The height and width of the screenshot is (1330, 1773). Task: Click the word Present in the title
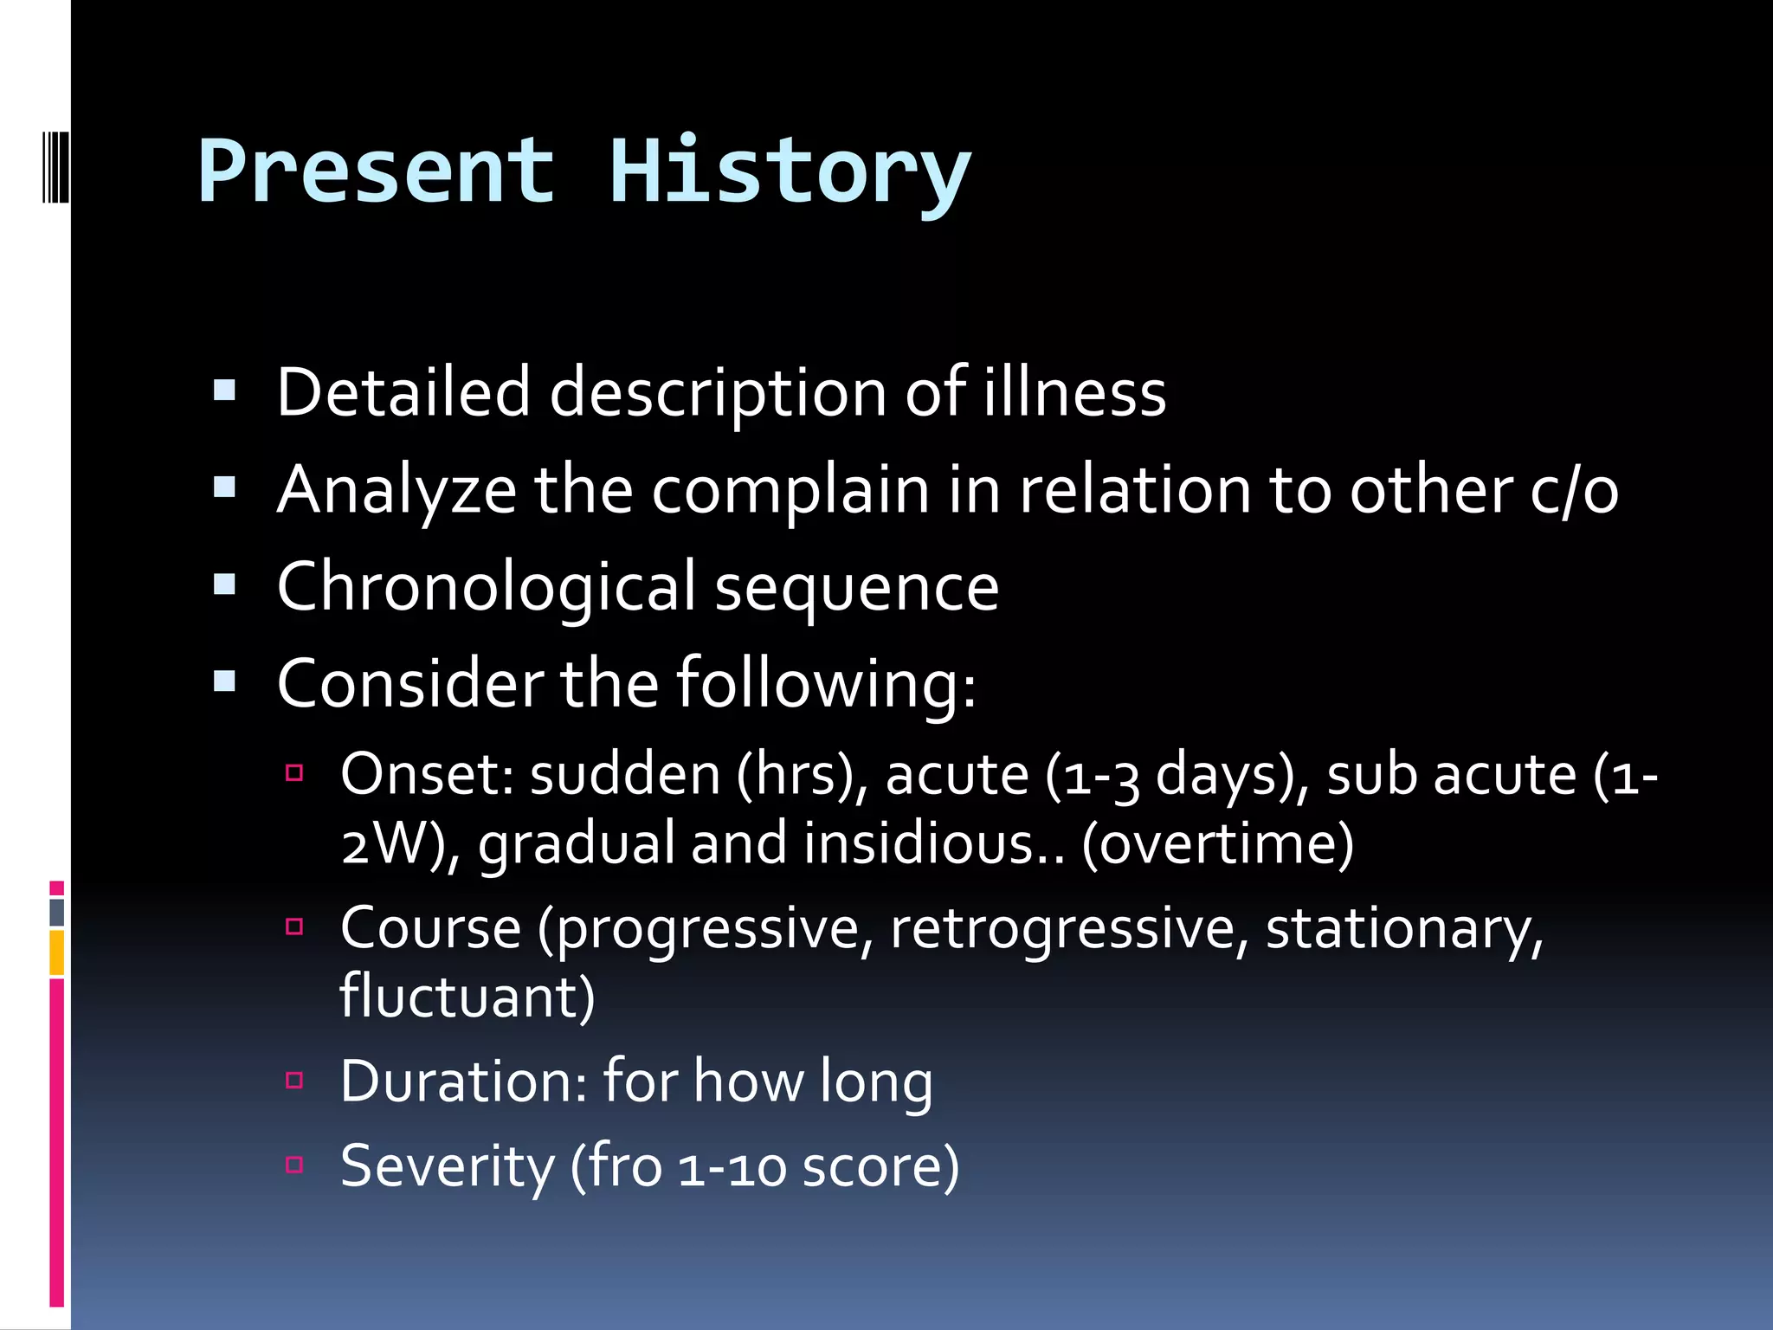coord(376,173)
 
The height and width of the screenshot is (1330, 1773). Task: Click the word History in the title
coord(790,173)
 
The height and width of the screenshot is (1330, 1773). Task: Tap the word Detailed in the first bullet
coord(403,392)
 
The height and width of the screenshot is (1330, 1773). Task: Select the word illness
coord(1074,392)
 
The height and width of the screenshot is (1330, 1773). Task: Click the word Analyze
coord(396,490)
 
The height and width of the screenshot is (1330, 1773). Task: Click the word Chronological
coord(486,587)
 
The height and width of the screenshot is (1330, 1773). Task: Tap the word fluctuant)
coord(467,997)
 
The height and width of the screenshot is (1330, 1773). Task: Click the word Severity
coord(447,1166)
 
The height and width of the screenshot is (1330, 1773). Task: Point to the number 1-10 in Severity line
coord(732,1168)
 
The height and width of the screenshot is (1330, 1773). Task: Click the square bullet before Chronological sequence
coord(225,586)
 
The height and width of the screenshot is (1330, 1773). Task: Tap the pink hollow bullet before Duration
coord(294,1080)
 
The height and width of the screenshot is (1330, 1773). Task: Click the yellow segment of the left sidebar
coord(57,952)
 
